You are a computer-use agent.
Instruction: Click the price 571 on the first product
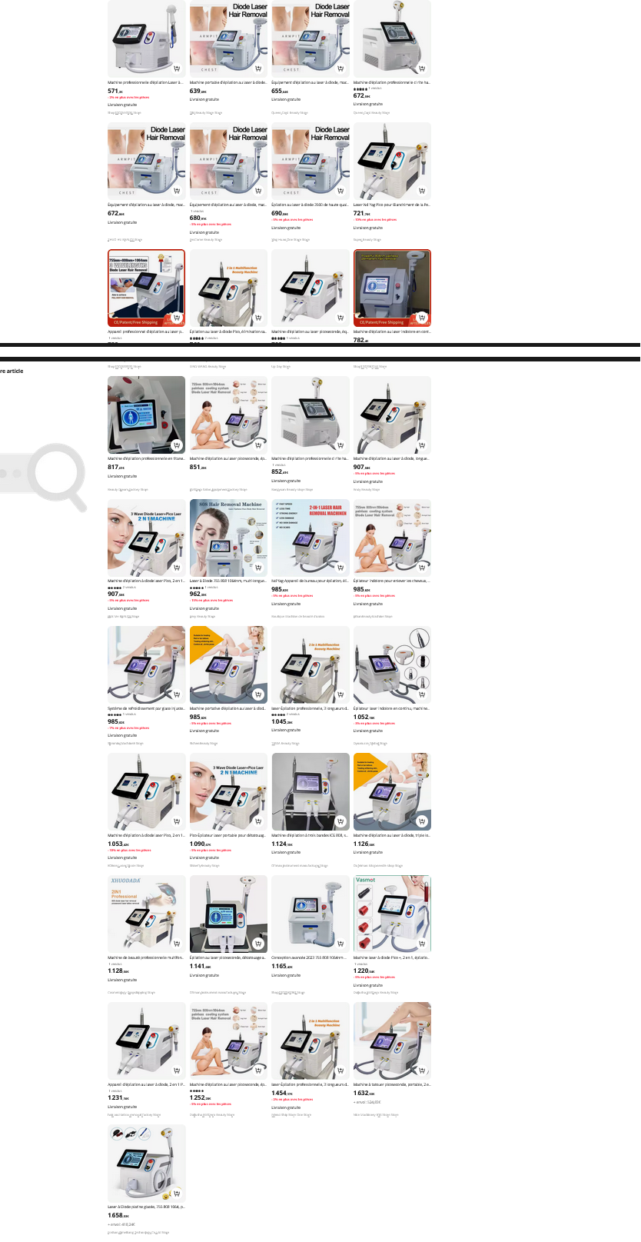tap(115, 91)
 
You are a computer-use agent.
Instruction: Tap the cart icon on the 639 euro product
tap(259, 68)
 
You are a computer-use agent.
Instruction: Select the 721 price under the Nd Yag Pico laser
tap(361, 213)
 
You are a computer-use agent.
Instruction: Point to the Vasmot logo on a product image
tap(366, 880)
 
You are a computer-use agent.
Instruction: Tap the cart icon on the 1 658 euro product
tap(177, 1194)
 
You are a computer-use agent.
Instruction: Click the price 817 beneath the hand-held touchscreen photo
tap(115, 467)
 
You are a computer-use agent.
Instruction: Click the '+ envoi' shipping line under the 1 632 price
tap(366, 1100)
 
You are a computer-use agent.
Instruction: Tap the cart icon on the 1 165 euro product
tap(340, 944)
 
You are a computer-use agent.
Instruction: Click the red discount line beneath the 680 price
tap(211, 224)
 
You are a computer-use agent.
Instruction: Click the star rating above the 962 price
tap(197, 587)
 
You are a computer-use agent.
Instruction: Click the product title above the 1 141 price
tap(228, 958)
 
